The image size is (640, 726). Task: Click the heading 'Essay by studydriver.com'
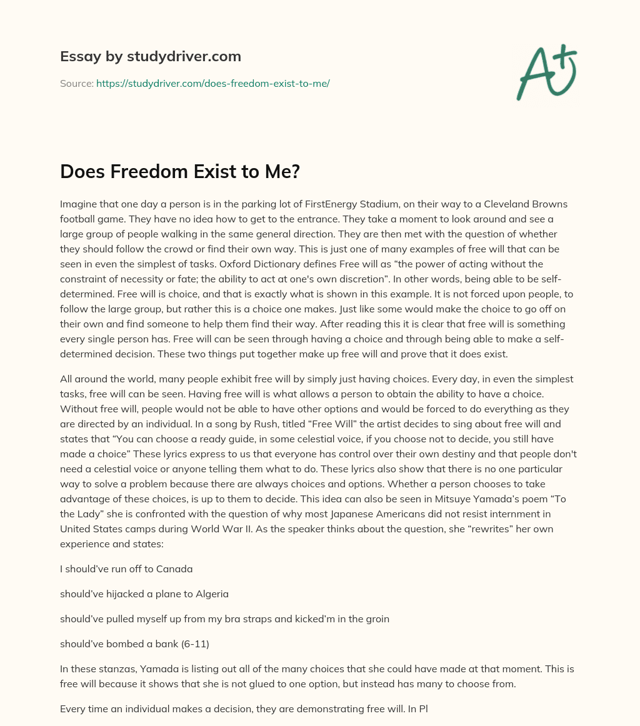tap(150, 56)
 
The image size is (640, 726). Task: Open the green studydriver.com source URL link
tap(212, 83)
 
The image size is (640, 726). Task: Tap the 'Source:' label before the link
tap(76, 83)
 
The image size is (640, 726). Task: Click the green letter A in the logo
tap(535, 76)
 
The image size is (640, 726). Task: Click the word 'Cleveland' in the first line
tap(501, 204)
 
